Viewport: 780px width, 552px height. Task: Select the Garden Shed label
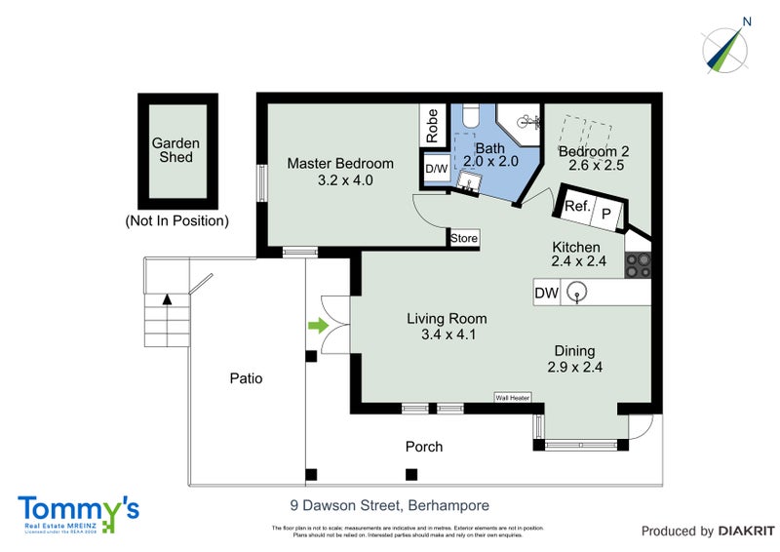click(175, 150)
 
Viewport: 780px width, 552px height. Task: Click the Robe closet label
click(432, 126)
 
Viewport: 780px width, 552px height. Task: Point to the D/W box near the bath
click(436, 169)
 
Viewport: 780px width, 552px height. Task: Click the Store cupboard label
click(464, 237)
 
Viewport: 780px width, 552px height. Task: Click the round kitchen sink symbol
click(578, 291)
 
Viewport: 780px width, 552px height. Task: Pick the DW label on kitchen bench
click(547, 291)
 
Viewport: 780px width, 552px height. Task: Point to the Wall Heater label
click(512, 398)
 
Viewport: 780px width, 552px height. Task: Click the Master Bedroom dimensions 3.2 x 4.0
click(339, 180)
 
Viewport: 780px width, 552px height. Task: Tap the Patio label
click(246, 378)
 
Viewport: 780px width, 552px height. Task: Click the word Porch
click(424, 447)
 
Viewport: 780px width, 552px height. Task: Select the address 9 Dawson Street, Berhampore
click(389, 505)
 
